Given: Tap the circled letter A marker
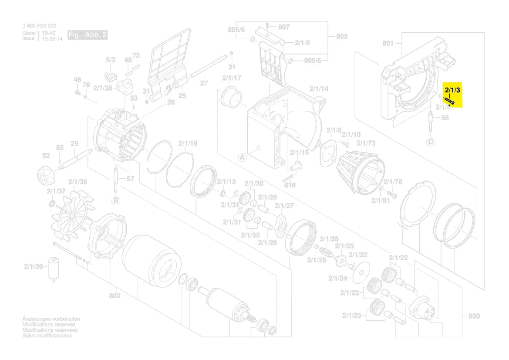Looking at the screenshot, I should coord(242,157).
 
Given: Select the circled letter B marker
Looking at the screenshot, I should coord(115,200).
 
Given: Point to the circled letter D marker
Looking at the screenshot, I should coord(431,142).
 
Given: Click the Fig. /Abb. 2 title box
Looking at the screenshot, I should coord(87,35).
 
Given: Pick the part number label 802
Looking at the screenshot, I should coord(115,296).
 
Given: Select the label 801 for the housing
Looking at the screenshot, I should coord(388,43).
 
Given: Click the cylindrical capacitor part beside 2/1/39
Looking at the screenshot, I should coord(54,267).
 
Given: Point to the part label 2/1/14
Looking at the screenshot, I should coord(319,89).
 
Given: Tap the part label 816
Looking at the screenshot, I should coord(290,185).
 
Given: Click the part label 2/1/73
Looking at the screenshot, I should coord(366,143).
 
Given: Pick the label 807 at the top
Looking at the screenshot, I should coord(284,27).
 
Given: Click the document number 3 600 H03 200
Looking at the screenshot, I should coord(39,26).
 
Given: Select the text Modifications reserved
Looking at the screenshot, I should coord(48,325).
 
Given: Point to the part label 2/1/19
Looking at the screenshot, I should coord(188,143).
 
